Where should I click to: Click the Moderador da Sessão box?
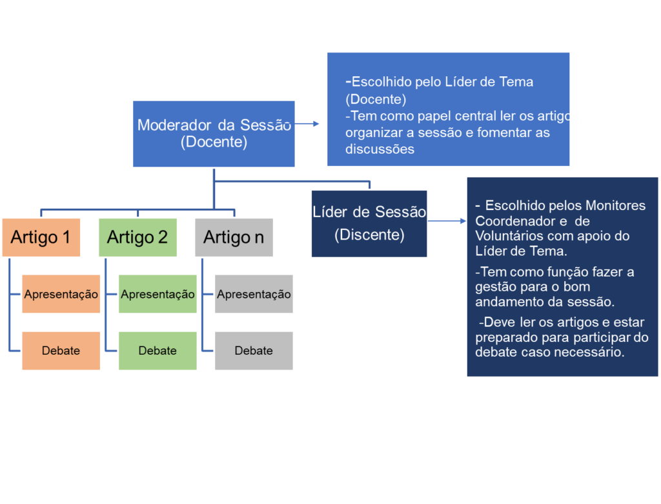point(214,134)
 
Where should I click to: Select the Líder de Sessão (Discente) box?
point(369,223)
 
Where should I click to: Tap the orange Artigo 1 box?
point(41,237)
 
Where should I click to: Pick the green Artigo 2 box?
point(137,237)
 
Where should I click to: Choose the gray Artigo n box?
point(234,237)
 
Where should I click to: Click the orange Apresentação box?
point(61,294)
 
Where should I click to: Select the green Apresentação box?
point(158,294)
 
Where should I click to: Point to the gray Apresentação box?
point(254,294)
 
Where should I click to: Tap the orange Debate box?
point(61,350)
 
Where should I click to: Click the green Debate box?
point(158,350)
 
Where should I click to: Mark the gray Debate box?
point(254,350)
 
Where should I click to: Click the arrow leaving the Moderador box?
point(308,123)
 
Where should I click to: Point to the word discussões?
point(380,149)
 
